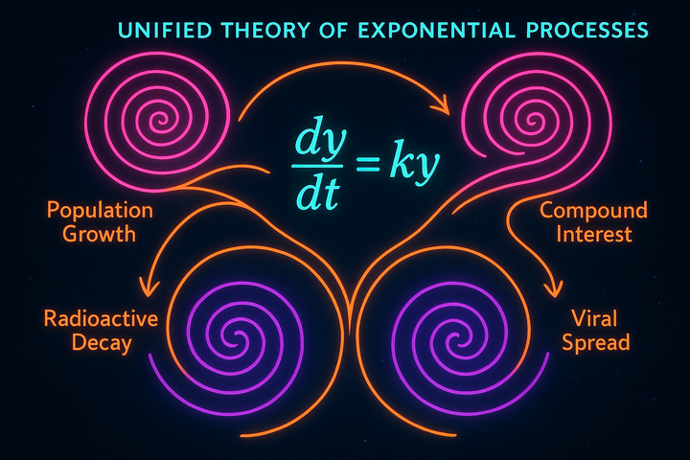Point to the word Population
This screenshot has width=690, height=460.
click(x=93, y=210)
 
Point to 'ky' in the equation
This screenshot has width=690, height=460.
click(x=414, y=165)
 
